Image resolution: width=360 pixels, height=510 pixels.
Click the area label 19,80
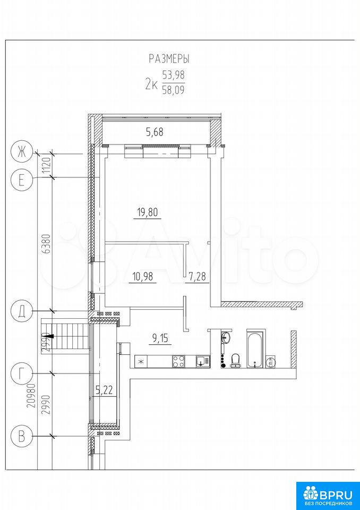(147, 212)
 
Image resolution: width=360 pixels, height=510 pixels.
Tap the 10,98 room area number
(142, 277)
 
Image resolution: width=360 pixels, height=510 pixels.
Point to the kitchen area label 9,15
(161, 339)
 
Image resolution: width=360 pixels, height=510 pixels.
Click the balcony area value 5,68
(155, 132)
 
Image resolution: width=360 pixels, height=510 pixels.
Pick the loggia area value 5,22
(104, 390)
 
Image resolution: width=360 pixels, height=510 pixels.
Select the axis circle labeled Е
(21, 180)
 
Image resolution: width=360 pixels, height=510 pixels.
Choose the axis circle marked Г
(21, 375)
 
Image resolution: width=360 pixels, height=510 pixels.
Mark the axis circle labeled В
(21, 437)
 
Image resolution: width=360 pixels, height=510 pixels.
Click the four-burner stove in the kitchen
(178, 361)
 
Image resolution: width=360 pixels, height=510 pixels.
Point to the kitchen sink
(203, 361)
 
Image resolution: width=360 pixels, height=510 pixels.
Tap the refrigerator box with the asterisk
(141, 361)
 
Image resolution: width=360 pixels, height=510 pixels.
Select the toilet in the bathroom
(235, 361)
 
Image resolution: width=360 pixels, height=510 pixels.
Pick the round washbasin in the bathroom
(226, 337)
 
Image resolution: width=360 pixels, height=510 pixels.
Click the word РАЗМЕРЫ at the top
(169, 58)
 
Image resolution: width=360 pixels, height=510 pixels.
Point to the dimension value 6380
(47, 244)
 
